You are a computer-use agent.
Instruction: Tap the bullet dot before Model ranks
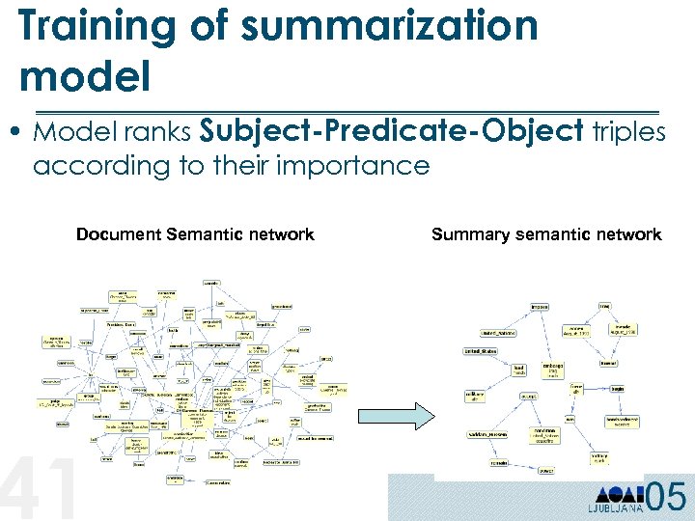pos(20,133)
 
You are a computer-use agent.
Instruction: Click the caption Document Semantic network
pos(195,234)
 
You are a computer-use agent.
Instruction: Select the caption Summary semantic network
pos(546,234)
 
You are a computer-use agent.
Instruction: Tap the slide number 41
pos(39,490)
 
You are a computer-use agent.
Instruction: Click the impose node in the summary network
pos(539,308)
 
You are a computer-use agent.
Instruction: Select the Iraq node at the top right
pos(604,306)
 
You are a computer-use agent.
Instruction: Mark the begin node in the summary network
pos(616,390)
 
